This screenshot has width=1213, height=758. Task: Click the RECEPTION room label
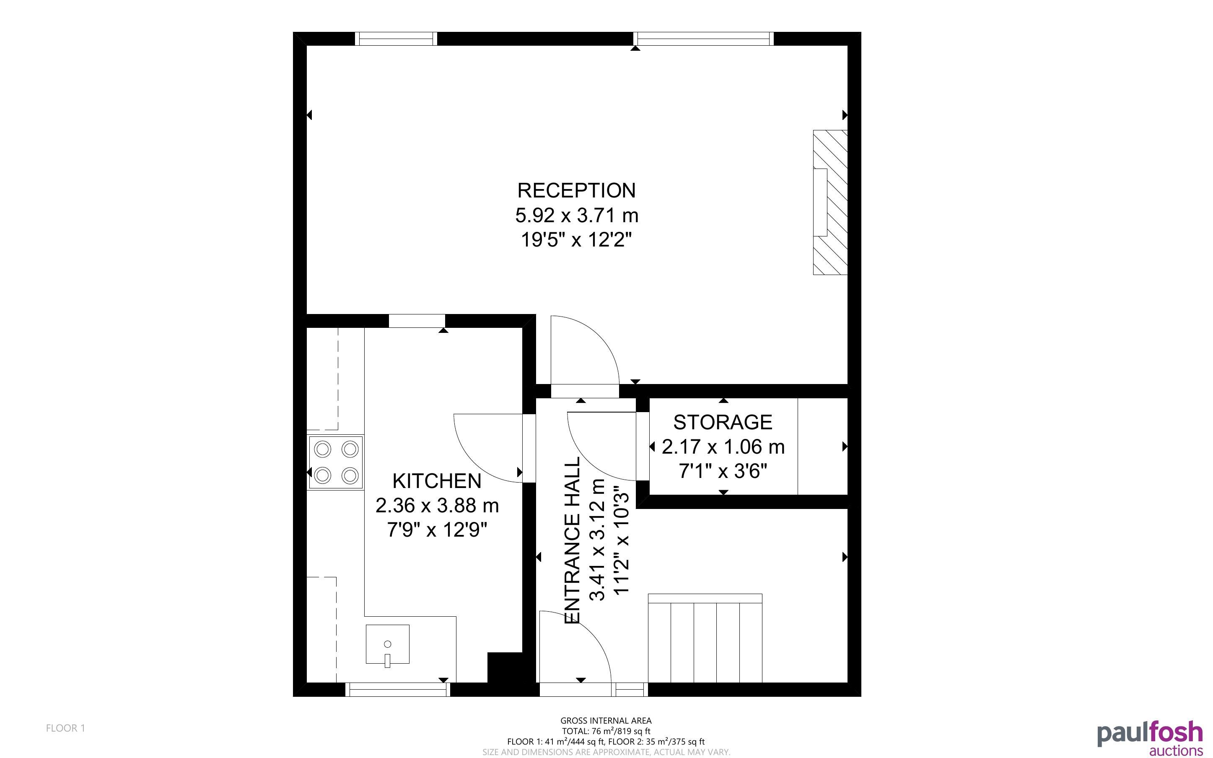tap(576, 190)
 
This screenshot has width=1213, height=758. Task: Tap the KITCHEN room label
tap(436, 481)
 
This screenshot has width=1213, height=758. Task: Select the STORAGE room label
tap(723, 422)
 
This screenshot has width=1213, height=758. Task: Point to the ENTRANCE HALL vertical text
tap(572, 540)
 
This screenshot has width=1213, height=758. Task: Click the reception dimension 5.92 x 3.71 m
tap(577, 215)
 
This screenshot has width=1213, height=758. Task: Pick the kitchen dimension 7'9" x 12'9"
tap(437, 530)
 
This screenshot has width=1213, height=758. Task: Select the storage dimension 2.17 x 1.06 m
tap(723, 446)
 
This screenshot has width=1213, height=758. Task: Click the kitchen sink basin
tap(387, 644)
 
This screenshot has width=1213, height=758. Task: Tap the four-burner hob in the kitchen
tap(336, 462)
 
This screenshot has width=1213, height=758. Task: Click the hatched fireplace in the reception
tap(830, 202)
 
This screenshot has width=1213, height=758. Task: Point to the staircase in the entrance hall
tap(705, 638)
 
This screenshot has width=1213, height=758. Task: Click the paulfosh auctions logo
tap(1150, 738)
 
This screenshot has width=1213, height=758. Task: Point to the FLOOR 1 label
tap(66, 728)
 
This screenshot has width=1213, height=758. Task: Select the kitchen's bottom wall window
tap(398, 690)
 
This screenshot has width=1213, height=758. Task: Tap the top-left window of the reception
tap(396, 39)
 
